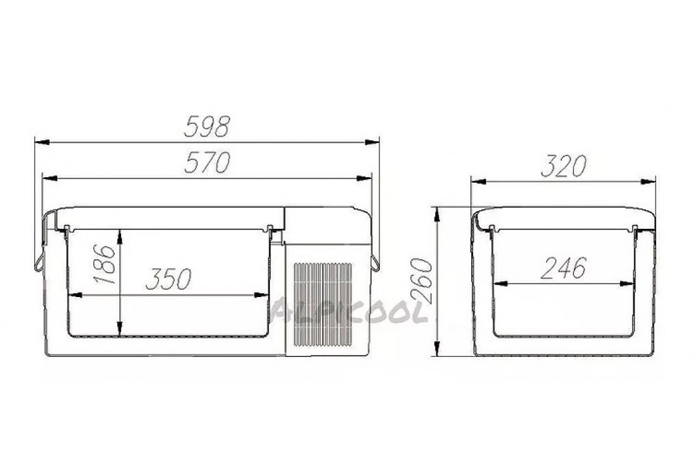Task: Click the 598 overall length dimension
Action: pyautogui.click(x=207, y=127)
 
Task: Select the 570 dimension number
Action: pyautogui.click(x=207, y=162)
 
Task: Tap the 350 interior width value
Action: pyautogui.click(x=168, y=279)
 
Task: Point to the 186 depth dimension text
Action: pyautogui.click(x=105, y=264)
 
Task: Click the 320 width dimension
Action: pyautogui.click(x=563, y=166)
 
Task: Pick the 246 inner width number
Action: pyautogui.click(x=563, y=267)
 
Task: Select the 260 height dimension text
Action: pyautogui.click(x=421, y=281)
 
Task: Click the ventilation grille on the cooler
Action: pyautogui.click(x=323, y=305)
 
